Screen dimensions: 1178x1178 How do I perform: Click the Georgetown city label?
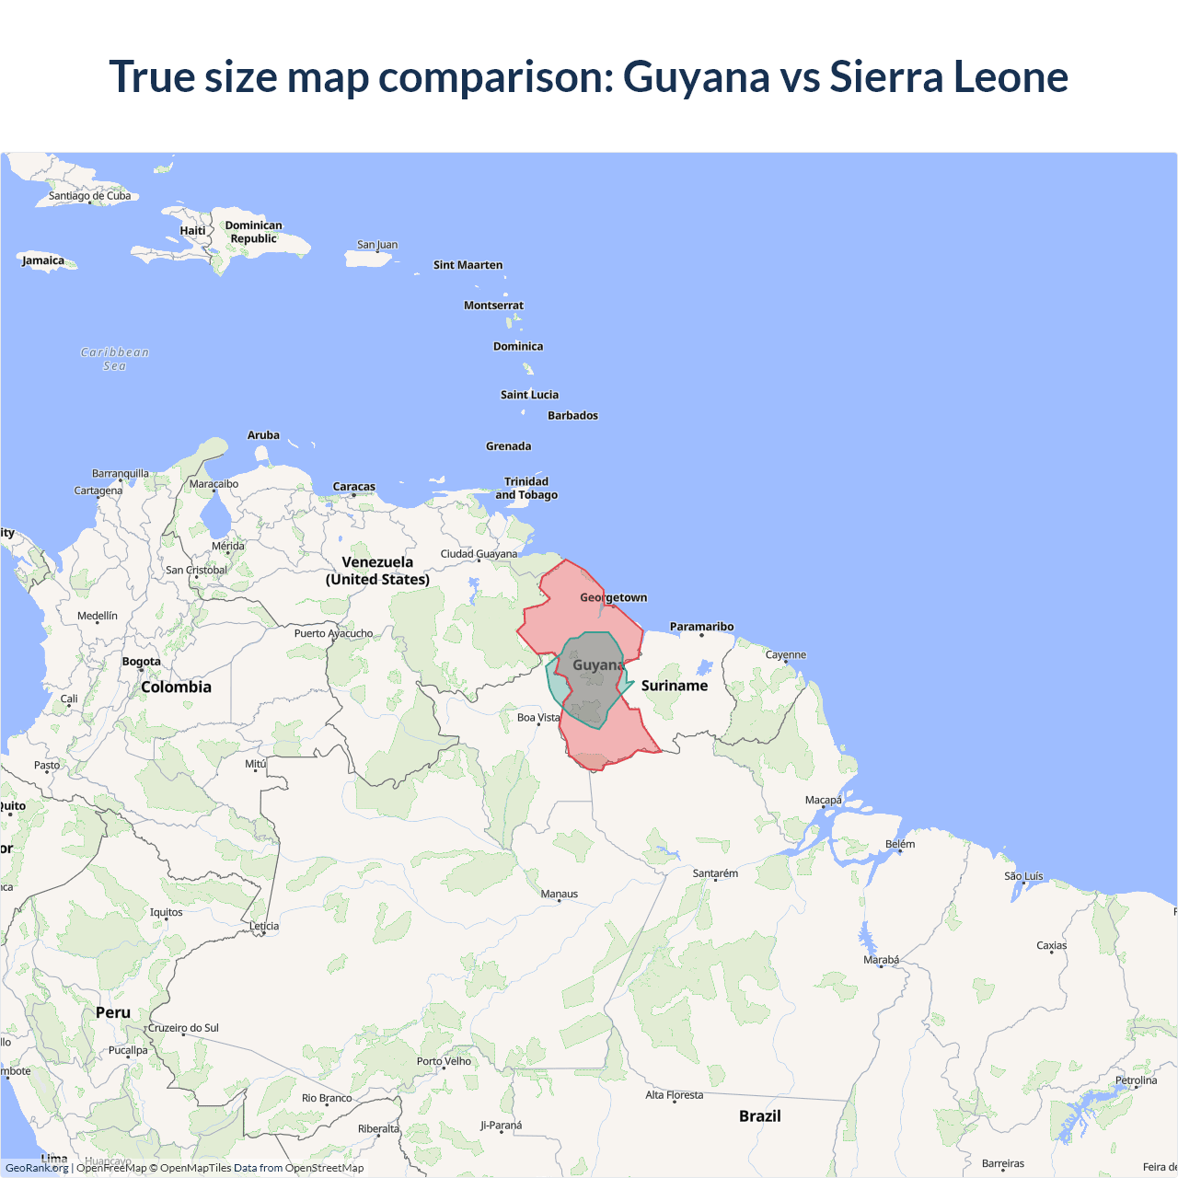614,598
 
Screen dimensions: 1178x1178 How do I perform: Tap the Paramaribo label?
701,627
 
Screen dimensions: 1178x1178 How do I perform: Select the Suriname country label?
675,686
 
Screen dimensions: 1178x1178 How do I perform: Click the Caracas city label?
354,487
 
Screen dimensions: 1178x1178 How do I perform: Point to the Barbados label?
572,416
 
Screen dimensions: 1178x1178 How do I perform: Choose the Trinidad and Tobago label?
526,489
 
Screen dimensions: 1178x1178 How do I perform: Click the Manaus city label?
560,895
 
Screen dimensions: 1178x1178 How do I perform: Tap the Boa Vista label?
538,718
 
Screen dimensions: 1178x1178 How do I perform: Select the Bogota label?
142,662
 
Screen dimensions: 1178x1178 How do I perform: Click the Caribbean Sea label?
115,359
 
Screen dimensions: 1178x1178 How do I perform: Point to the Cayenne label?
786,655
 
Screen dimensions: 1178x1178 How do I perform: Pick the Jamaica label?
43,260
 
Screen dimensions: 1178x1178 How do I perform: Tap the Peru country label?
113,1012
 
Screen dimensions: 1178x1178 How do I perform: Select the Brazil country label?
760,1116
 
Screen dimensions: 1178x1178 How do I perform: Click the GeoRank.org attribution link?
37,1168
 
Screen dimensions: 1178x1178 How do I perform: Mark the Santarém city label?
715,873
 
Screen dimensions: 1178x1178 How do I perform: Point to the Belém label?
900,844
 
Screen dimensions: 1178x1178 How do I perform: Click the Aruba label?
263,435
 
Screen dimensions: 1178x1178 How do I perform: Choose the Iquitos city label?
167,913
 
